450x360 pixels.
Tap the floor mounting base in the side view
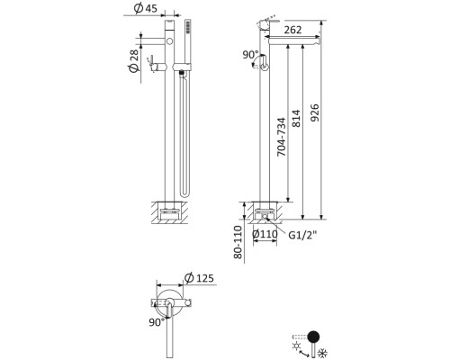[263, 214]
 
